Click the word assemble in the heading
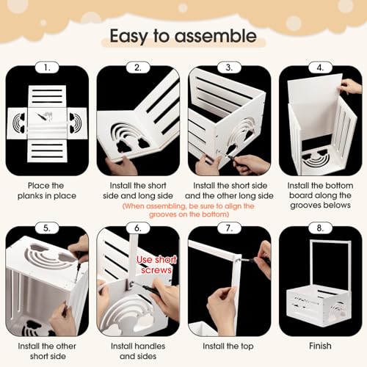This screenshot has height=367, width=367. [215, 36]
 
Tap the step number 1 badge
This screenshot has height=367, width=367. [47, 68]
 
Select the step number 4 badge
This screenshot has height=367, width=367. [320, 68]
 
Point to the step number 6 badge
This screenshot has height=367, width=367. [138, 228]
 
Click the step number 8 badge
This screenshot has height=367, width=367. [320, 228]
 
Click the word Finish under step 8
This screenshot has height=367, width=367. [320, 346]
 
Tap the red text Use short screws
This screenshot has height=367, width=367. [156, 265]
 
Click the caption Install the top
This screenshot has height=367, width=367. [228, 346]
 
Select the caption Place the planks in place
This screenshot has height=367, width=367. [47, 191]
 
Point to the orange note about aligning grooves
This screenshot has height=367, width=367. [189, 210]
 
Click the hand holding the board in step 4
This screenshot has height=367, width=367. [350, 87]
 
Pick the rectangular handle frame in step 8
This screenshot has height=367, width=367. [330, 263]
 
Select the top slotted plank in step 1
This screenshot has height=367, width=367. [47, 96]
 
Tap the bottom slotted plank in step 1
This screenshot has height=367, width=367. [47, 150]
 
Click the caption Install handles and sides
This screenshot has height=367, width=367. [138, 351]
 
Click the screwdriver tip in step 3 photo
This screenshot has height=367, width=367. [227, 155]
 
